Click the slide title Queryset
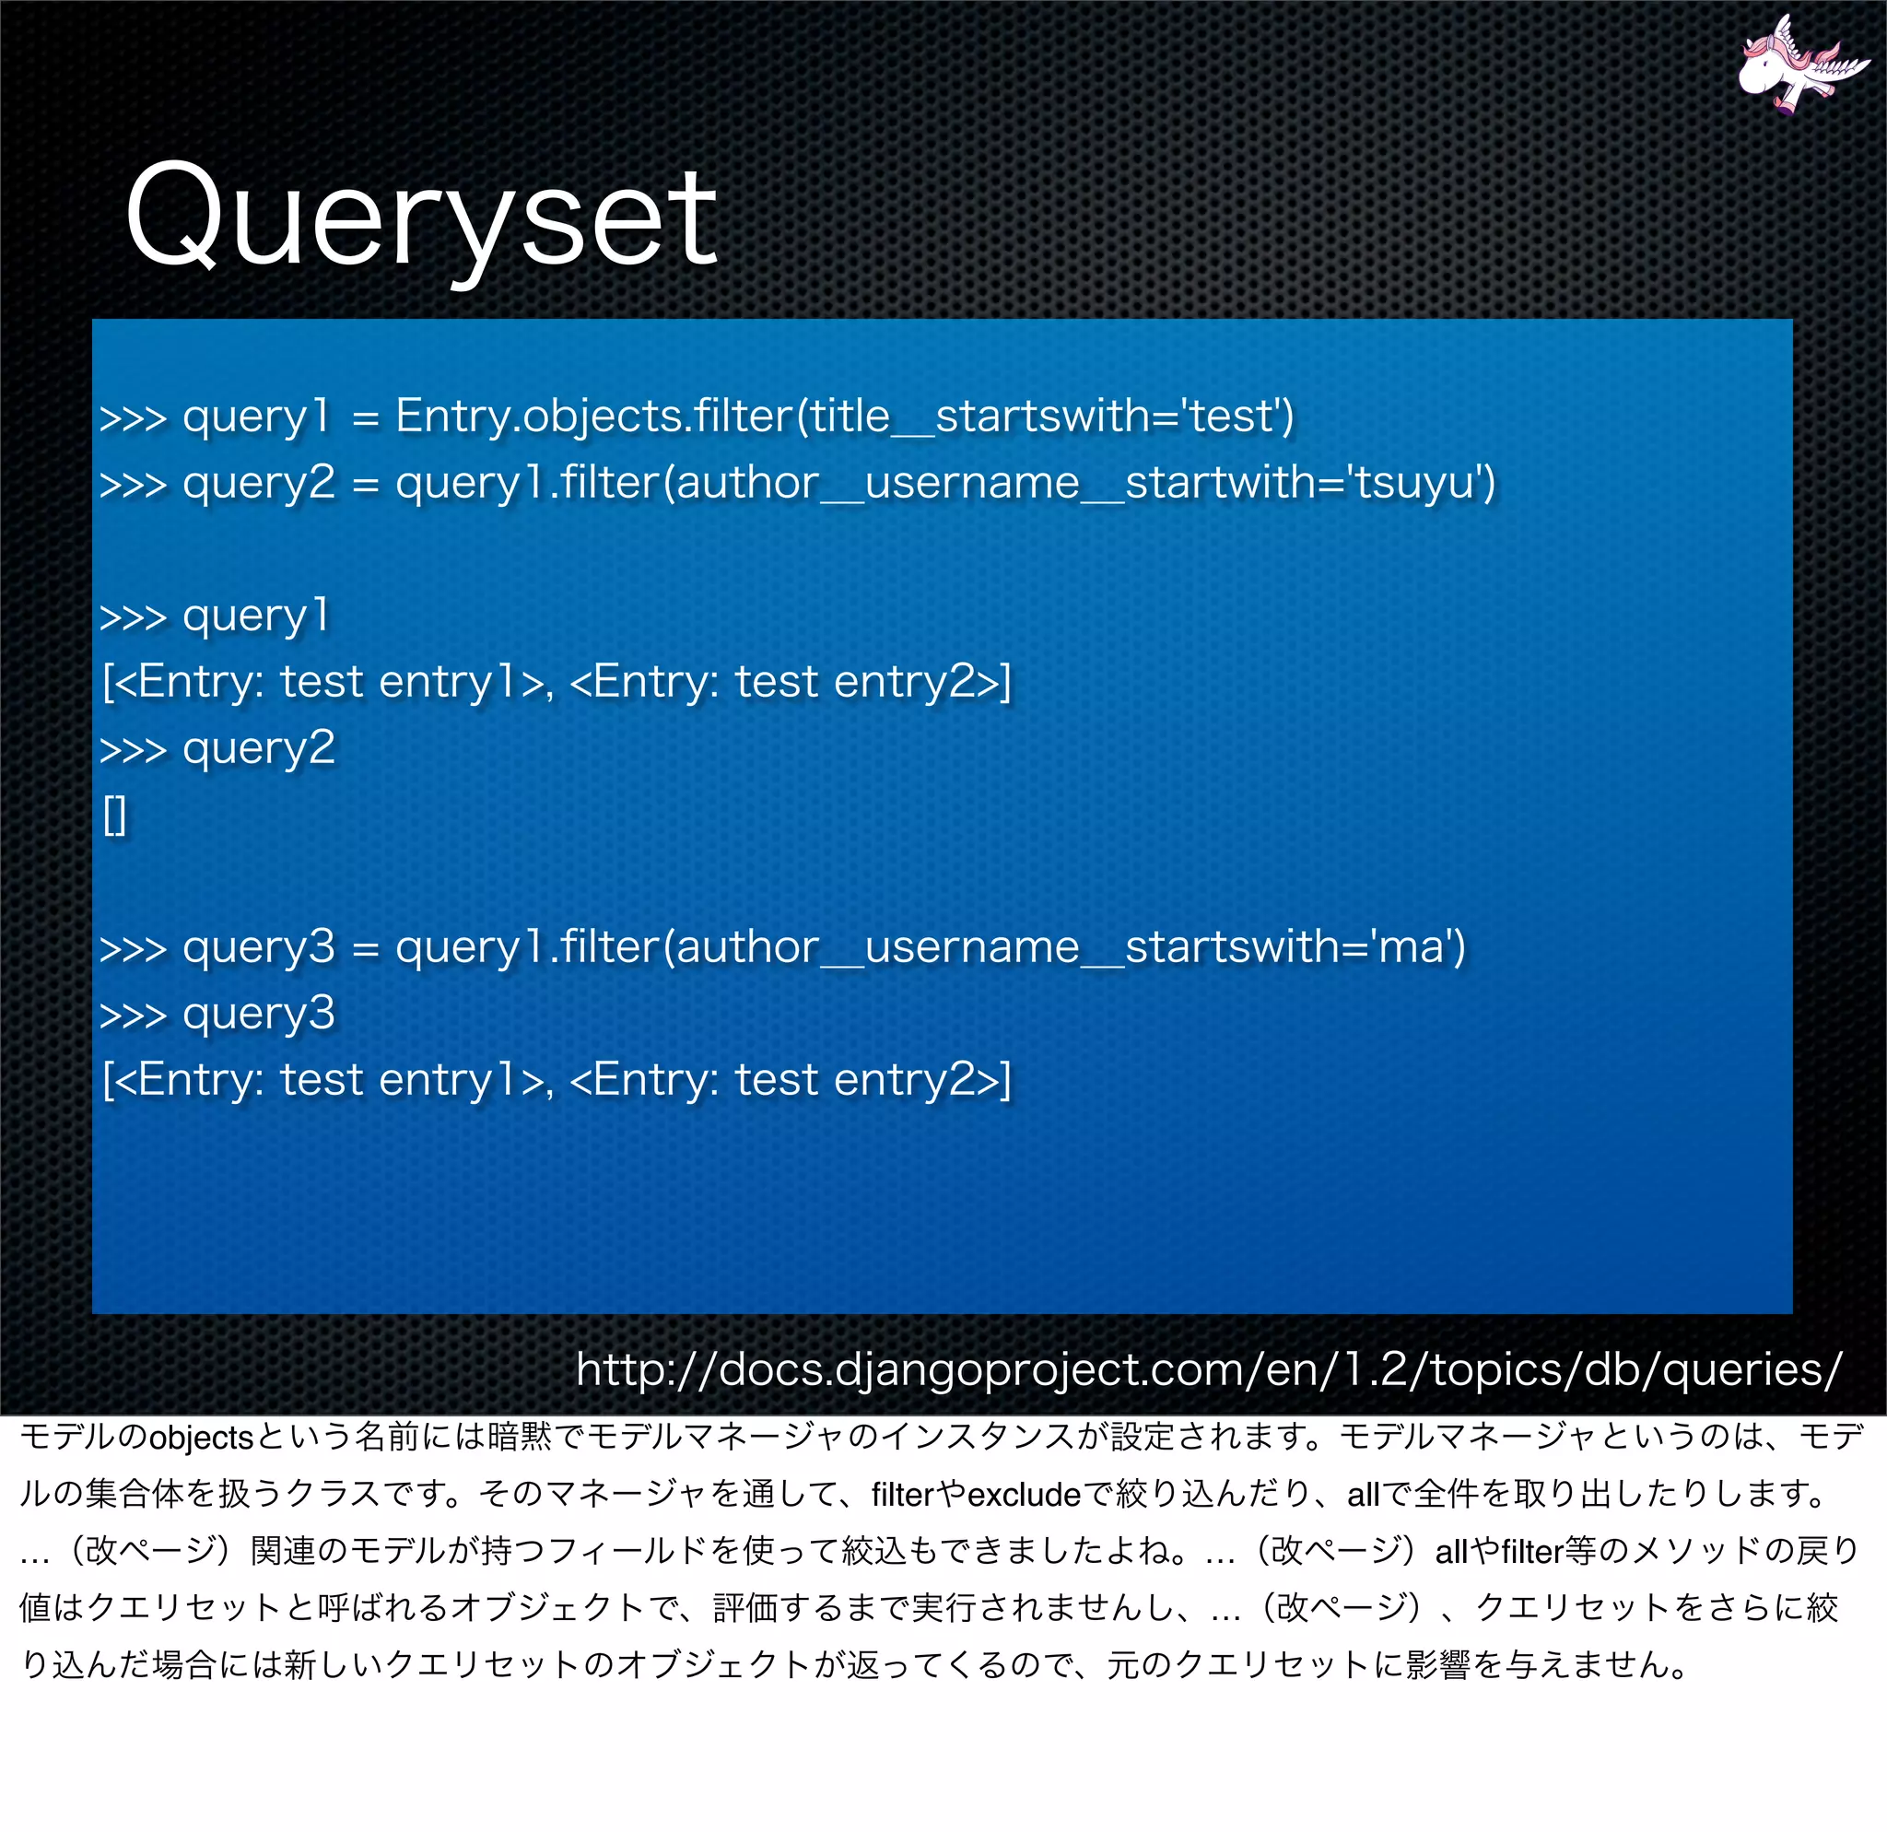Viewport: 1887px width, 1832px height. [x=421, y=217]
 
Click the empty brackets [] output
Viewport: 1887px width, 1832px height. [x=114, y=816]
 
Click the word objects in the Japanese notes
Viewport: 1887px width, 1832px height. [x=200, y=1439]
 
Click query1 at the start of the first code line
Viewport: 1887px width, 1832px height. [x=256, y=417]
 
